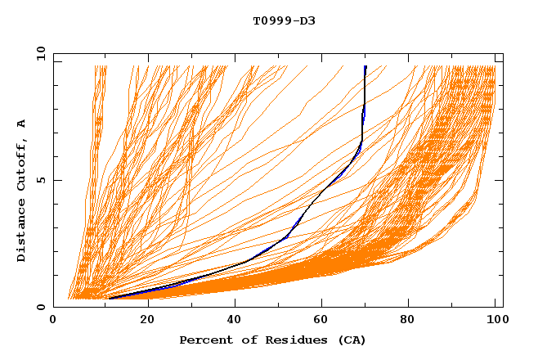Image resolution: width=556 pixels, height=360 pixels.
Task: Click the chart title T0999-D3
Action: tap(284, 20)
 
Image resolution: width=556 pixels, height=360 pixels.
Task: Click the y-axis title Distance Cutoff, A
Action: tap(21, 190)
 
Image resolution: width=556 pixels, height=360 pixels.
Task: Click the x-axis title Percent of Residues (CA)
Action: tap(273, 340)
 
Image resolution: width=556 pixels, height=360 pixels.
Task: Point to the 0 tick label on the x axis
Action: tap(54, 320)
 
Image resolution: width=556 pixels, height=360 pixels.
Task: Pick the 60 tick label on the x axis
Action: tap(324, 320)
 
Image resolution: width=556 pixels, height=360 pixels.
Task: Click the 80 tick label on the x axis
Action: tap(412, 320)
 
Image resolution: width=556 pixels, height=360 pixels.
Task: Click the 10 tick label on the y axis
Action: tap(39, 53)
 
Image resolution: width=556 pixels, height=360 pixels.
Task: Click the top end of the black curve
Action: tap(365, 66)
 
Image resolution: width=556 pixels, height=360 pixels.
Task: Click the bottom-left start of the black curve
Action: tap(109, 298)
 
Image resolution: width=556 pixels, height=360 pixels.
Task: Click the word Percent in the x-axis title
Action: tap(202, 340)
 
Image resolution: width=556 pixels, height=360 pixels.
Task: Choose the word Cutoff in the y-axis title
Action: tap(21, 169)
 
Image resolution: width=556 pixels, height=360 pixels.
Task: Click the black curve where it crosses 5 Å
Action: tap(336, 180)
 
